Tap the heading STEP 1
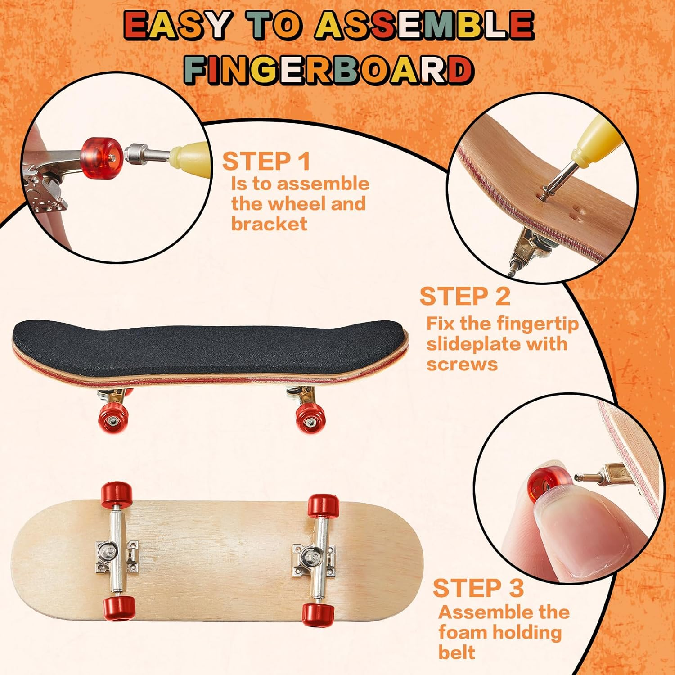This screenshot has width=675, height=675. click(266, 162)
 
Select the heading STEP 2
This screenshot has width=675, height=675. click(465, 297)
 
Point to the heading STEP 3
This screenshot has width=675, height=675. click(478, 588)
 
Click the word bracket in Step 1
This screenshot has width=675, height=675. click(269, 224)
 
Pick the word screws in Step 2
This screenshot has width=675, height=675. click(462, 364)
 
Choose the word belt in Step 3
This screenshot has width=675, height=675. click(456, 652)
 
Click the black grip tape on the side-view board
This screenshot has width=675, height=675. click(207, 346)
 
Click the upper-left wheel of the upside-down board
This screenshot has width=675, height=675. click(117, 494)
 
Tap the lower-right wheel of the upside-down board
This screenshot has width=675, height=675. click(318, 615)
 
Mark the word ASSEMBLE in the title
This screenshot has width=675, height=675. click(423, 25)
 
